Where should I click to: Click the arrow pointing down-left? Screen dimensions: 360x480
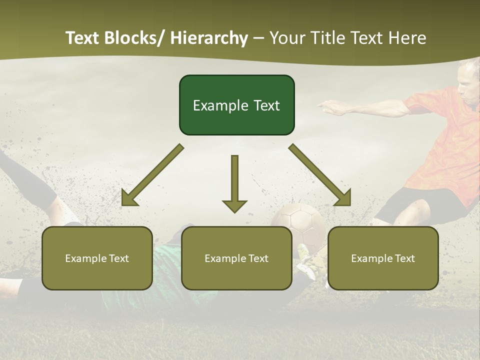(x=152, y=175)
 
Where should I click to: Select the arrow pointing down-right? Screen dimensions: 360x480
(x=320, y=175)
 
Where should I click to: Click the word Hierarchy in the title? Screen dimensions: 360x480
(x=209, y=38)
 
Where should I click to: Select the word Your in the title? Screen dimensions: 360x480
(x=288, y=38)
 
